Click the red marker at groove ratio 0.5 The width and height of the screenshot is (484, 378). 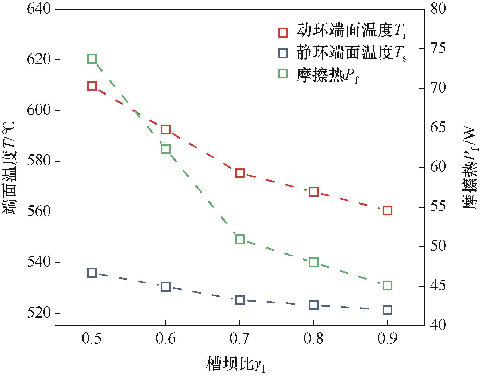(92, 86)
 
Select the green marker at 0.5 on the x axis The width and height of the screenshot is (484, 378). (92, 59)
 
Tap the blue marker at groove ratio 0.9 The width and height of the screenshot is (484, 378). (387, 310)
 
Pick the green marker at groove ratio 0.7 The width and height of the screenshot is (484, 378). (240, 239)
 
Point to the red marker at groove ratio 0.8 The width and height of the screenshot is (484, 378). (314, 192)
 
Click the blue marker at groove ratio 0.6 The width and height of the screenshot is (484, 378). (166, 287)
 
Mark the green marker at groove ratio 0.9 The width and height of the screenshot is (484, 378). (387, 286)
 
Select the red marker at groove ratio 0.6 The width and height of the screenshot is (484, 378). (166, 129)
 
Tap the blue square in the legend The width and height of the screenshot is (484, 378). (283, 53)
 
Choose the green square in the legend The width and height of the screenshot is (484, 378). (283, 74)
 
